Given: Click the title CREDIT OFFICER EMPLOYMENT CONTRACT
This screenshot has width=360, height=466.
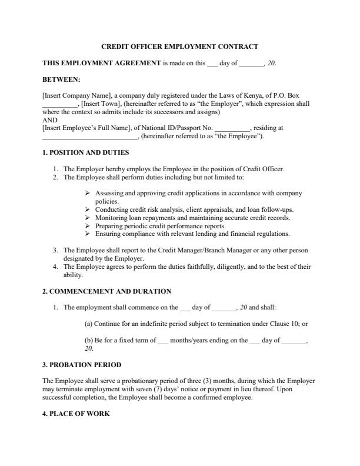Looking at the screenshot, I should (x=180, y=46).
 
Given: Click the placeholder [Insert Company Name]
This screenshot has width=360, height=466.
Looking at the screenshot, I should (x=78, y=95).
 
